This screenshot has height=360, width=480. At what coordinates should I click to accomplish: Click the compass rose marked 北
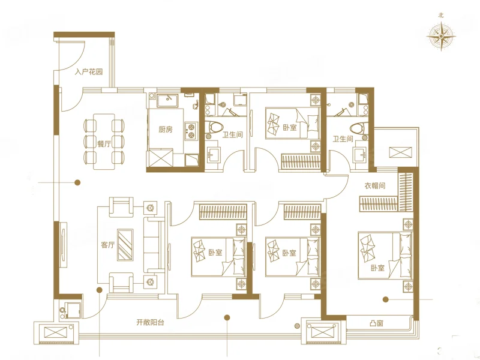[x=441, y=37]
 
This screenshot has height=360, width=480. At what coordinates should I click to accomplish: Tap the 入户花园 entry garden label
[x=89, y=72]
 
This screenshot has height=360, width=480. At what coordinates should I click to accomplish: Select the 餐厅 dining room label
[x=104, y=143]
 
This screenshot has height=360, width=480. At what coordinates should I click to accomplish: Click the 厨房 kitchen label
[x=166, y=130]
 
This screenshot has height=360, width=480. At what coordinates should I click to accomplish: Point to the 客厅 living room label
[x=107, y=245]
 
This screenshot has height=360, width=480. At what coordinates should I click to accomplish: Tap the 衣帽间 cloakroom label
[x=374, y=185]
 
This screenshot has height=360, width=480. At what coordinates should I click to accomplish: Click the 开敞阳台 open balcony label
[x=151, y=322]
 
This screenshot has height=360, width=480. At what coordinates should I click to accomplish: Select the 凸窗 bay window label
[x=376, y=323]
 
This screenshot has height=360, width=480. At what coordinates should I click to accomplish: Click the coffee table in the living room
[x=125, y=245]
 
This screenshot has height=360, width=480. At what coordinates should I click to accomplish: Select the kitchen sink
[x=167, y=101]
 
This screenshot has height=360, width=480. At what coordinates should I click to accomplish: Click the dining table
[x=104, y=142]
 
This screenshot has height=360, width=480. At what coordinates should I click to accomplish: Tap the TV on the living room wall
[x=63, y=245]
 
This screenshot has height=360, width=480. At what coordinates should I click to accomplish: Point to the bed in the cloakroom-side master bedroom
[x=385, y=256]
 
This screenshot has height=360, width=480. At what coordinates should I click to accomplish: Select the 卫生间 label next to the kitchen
[x=233, y=134]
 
